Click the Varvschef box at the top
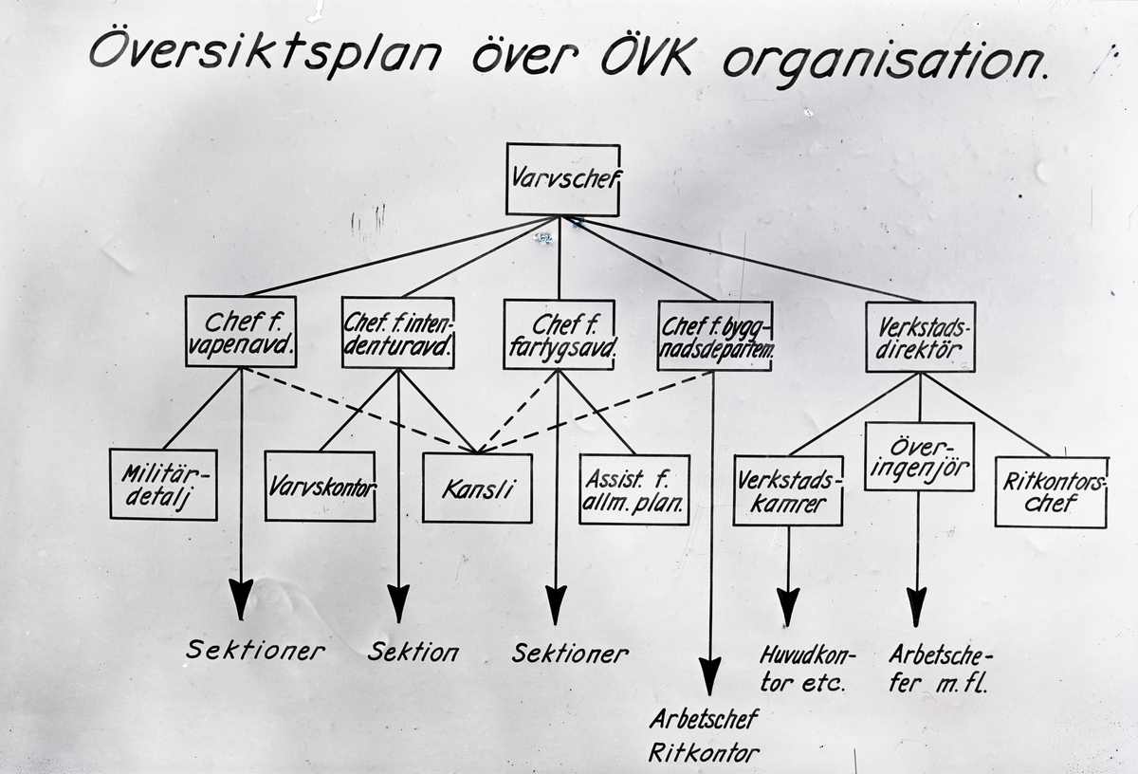[562, 179]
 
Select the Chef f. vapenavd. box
[241, 331]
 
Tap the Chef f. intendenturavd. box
[397, 332]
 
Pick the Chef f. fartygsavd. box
[559, 334]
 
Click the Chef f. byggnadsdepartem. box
[714, 336]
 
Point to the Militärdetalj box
[163, 484]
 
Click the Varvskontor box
[320, 486]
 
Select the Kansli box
[477, 488]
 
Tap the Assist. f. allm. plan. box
[633, 489]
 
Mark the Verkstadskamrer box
[788, 491]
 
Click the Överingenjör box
[919, 456]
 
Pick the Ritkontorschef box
[1051, 492]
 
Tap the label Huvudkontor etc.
[807, 669]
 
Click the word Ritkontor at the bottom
[705, 754]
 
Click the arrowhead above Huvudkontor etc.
[788, 605]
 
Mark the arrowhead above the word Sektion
[398, 602]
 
